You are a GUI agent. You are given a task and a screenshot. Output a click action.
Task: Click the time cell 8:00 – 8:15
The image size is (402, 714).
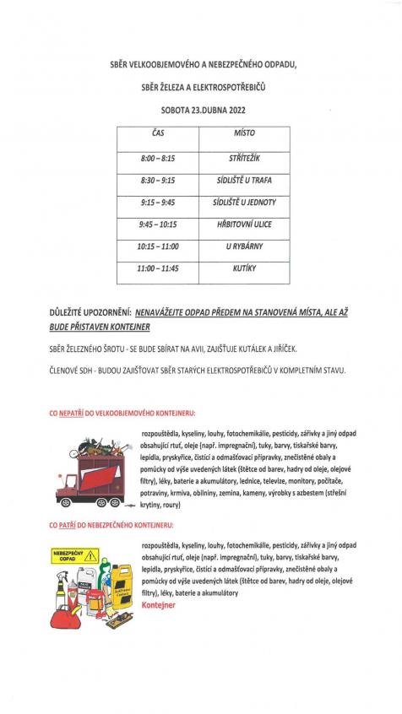(159, 159)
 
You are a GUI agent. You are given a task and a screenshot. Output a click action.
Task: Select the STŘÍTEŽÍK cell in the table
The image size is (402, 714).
(245, 159)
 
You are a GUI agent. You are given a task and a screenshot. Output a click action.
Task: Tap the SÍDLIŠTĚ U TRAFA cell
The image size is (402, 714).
(245, 181)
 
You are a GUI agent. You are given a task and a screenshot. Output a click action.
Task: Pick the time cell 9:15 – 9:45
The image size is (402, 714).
(159, 203)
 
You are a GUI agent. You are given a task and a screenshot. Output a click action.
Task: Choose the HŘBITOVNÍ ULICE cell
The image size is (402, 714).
(245, 224)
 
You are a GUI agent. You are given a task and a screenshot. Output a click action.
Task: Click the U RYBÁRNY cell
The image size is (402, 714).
(245, 246)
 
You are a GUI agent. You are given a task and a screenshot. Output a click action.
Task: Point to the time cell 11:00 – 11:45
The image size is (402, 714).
(159, 268)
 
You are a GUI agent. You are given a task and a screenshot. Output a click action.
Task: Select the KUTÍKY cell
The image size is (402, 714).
(245, 268)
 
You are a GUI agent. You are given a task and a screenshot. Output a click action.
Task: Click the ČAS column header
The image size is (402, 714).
(158, 133)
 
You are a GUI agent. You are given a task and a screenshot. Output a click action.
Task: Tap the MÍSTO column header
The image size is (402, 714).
(245, 133)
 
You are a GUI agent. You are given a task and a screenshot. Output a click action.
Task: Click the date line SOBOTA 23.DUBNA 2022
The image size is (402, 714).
(204, 110)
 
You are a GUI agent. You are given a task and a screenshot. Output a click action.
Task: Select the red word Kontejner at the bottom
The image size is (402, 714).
(160, 606)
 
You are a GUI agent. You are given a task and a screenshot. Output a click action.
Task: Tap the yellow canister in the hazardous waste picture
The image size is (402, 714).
(121, 584)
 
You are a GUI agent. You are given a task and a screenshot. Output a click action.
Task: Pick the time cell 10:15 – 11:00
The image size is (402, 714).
(159, 246)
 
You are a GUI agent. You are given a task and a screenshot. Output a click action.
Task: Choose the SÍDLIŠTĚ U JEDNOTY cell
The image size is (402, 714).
(245, 203)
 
